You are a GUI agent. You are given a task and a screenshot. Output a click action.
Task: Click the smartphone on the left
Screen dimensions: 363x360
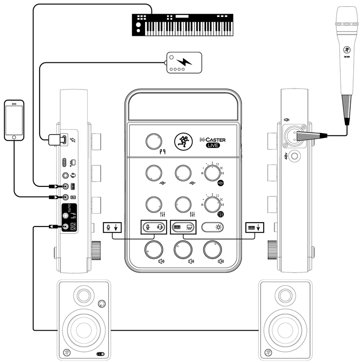tap(14, 120)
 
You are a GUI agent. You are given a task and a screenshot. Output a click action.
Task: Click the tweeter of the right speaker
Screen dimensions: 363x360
tap(283, 296)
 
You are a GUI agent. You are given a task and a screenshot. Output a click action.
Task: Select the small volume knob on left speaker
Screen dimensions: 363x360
tap(101, 304)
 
